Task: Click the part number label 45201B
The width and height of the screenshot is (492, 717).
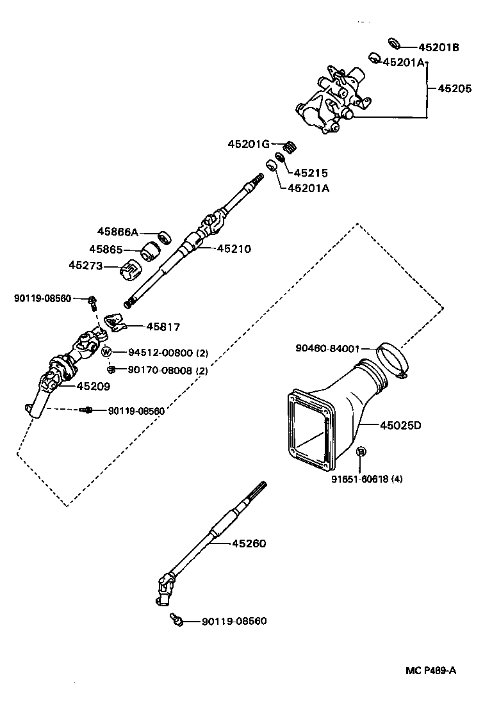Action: point(439,47)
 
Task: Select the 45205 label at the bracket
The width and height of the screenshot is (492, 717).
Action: point(454,89)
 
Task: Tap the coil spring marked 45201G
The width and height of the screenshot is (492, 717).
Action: point(290,146)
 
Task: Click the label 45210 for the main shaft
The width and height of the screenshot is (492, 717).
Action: point(234,249)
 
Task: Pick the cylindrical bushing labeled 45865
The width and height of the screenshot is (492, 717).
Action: point(152,252)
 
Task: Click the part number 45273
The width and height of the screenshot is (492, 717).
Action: point(86,265)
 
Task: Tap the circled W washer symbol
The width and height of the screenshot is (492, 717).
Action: point(107,351)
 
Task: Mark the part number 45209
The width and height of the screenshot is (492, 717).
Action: point(94,386)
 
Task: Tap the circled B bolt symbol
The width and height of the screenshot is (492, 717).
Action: point(361,452)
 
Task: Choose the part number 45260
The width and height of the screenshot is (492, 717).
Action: point(249,544)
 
